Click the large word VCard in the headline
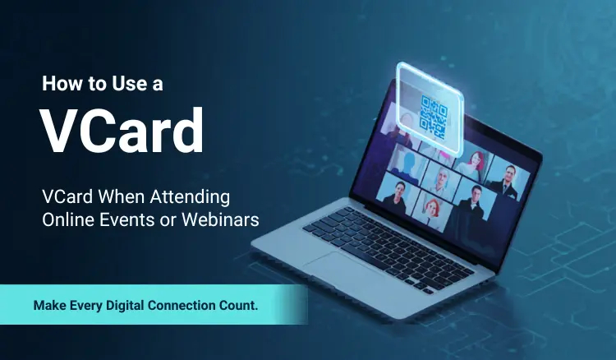pyautogui.click(x=122, y=130)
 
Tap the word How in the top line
pyautogui.click(x=62, y=83)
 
